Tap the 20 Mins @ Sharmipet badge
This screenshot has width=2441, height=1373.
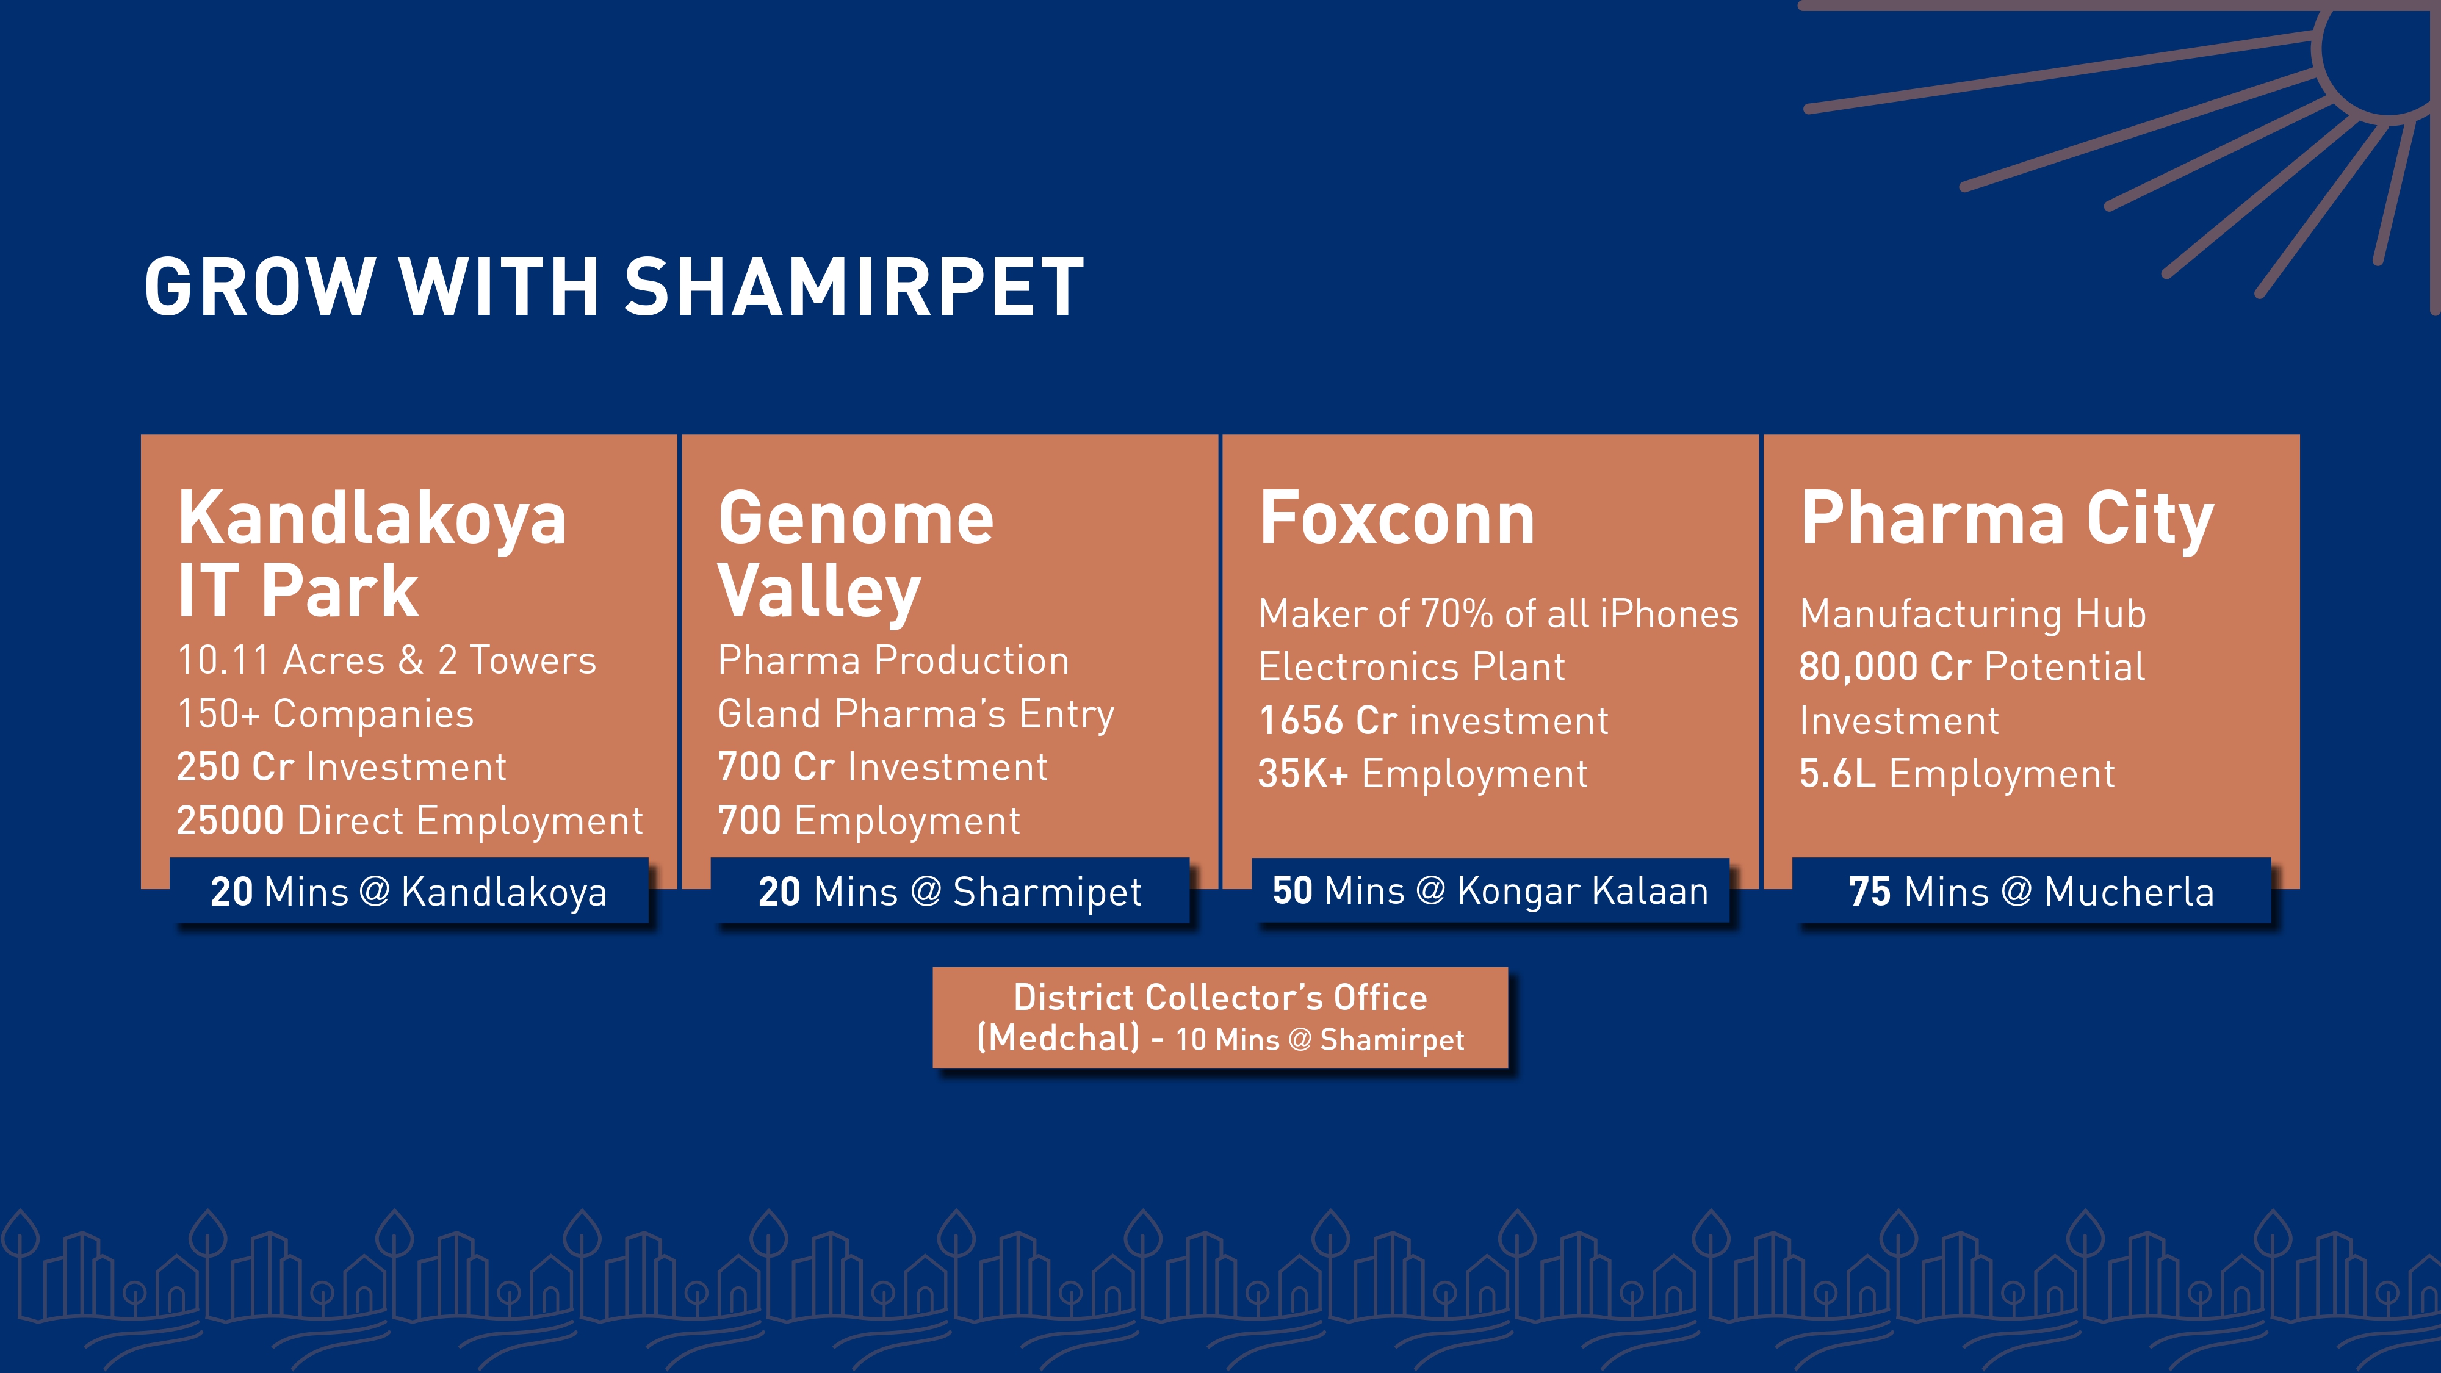coord(950,892)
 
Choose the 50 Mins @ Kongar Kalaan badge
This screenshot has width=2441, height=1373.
coord(1491,891)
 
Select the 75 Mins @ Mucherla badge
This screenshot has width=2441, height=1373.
coord(2032,892)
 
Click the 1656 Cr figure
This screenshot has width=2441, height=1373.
coord(1327,720)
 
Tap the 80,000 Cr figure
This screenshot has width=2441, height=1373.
coord(1885,667)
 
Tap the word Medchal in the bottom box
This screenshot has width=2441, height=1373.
coord(1058,1039)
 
